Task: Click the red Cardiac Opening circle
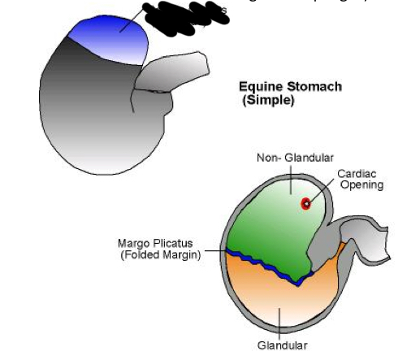coord(305,203)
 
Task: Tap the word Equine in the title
coord(258,87)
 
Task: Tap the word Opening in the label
coord(361,185)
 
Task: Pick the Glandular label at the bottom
coord(282,345)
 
